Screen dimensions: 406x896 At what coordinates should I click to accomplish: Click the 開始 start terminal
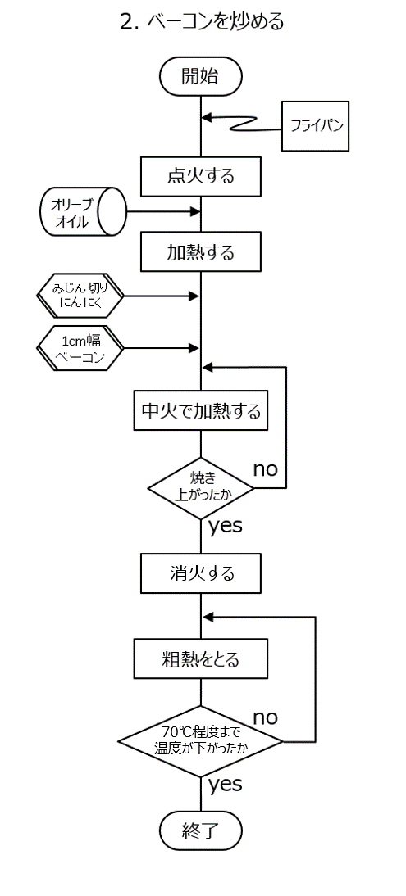[x=200, y=76]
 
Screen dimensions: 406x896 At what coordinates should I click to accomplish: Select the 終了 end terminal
[x=200, y=830]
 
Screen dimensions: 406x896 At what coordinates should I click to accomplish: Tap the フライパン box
[x=315, y=125]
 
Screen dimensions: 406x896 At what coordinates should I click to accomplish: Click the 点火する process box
[x=200, y=176]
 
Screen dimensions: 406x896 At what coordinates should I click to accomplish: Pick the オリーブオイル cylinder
[x=83, y=212]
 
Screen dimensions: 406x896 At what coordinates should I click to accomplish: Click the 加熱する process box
[x=200, y=251]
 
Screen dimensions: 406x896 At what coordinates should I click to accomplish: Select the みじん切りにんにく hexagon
[x=80, y=296]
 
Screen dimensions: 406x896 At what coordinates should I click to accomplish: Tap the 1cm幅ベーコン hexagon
[x=80, y=349]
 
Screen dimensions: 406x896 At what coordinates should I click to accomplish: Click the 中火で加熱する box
[x=200, y=410]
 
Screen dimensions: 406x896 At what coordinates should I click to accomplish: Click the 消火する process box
[x=200, y=572]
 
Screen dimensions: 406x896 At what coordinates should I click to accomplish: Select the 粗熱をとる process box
[x=200, y=660]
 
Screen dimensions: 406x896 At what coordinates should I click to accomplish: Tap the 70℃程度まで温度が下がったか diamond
[x=200, y=741]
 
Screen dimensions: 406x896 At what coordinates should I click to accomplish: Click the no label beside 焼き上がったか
[x=265, y=469]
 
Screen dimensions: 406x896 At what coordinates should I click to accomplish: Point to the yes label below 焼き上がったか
[x=225, y=527]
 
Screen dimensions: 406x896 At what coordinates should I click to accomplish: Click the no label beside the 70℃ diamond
[x=265, y=717]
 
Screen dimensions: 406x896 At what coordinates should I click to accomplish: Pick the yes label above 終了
[x=225, y=785]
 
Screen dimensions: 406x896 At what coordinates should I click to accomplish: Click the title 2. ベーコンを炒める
[x=202, y=22]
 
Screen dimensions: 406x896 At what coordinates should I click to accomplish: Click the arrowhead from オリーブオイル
[x=194, y=212]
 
